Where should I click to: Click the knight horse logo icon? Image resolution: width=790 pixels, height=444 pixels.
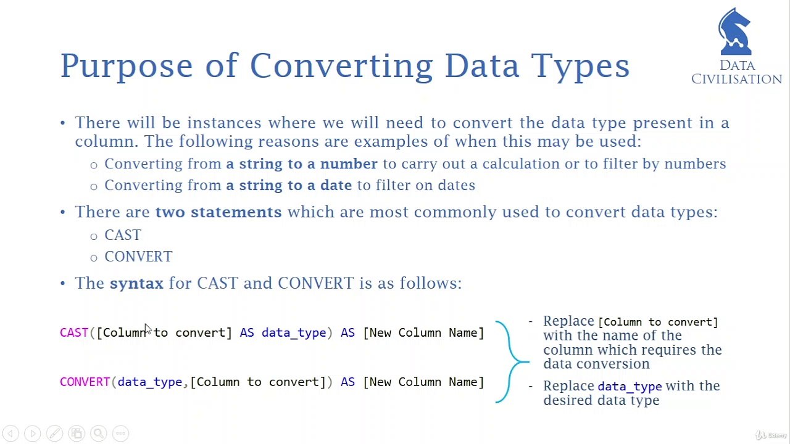click(735, 32)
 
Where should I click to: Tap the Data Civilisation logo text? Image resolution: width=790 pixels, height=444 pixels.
click(736, 72)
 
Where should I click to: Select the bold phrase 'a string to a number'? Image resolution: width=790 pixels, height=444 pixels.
click(301, 164)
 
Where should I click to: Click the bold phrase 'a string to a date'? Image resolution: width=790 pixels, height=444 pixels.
click(288, 186)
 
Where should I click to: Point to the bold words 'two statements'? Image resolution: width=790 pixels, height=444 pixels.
click(218, 212)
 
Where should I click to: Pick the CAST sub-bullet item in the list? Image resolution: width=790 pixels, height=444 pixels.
click(122, 235)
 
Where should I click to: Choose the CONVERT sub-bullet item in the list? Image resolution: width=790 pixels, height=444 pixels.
click(138, 257)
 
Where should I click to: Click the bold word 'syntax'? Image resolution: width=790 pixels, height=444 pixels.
click(136, 283)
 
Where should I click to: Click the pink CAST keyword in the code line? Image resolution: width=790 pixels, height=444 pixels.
click(74, 333)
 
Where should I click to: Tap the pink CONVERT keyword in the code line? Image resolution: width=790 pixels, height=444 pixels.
click(85, 382)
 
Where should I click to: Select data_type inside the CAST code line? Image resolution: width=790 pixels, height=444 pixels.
click(293, 333)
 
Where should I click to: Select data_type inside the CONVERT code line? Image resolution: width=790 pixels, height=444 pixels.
click(149, 382)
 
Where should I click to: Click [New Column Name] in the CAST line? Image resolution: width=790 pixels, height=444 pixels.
click(423, 333)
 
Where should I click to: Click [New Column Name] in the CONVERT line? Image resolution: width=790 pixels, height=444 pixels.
click(423, 382)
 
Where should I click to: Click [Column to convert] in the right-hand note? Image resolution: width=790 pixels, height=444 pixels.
click(658, 322)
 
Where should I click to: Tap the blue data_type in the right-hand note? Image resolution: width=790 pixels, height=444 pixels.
click(629, 387)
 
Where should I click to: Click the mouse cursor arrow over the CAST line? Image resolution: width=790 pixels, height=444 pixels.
click(148, 329)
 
